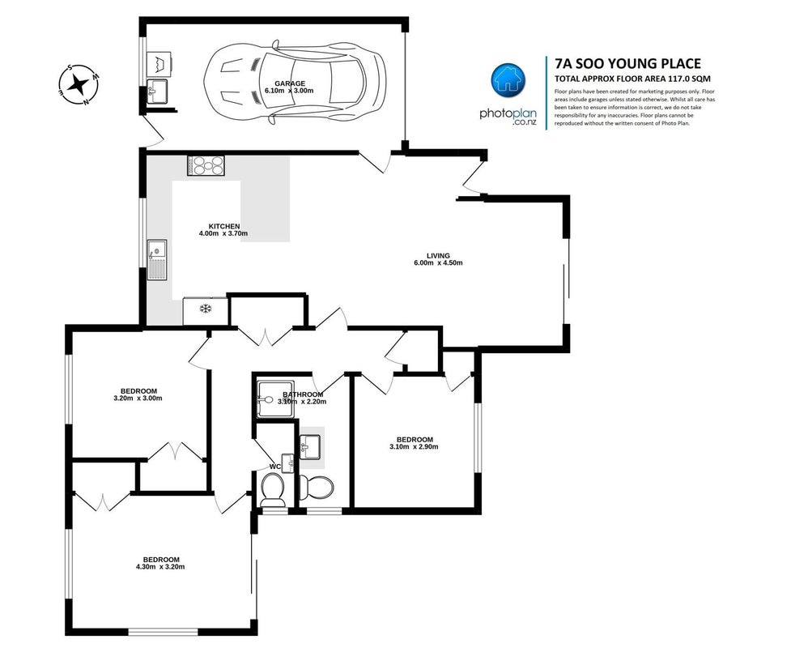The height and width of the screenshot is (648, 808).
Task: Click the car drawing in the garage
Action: coord(295,83)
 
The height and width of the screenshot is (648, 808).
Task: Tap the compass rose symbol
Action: coord(79,84)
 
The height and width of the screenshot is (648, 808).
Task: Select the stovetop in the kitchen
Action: coord(206,166)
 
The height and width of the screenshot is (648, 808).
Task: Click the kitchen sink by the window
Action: coord(157,259)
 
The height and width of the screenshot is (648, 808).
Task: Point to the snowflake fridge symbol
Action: coord(206,309)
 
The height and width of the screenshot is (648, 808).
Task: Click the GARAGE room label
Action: coord(290,83)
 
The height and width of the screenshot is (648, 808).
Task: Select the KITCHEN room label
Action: coord(224,226)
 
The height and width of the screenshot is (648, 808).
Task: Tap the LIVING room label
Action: coord(438,256)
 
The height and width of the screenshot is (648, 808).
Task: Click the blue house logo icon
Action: coord(508,80)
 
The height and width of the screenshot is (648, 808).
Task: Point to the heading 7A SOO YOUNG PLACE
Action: coord(627,63)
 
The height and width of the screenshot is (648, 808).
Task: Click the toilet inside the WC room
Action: coord(272,490)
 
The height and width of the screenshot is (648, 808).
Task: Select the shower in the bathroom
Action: coord(276,399)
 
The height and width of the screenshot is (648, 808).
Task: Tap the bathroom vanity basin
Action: coord(310,446)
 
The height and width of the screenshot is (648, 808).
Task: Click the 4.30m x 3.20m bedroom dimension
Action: coord(160,567)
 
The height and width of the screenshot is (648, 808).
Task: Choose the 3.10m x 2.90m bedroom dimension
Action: coord(414,447)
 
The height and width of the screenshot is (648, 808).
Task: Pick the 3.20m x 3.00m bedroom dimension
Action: coord(138,399)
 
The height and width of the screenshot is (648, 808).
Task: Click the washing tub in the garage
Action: coord(159,64)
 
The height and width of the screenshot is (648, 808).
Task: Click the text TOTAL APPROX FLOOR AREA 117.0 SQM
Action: coord(632,79)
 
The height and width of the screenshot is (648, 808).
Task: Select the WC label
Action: coord(275,467)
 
